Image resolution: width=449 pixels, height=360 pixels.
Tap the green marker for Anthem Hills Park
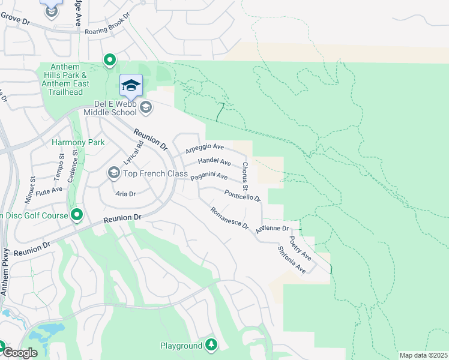click(x=110, y=59)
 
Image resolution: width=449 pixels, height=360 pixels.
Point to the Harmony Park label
click(x=78, y=142)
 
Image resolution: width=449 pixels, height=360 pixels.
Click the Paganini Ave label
click(x=209, y=176)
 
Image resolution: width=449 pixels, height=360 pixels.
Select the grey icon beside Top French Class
click(x=113, y=173)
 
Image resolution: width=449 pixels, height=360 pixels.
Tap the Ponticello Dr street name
click(x=243, y=195)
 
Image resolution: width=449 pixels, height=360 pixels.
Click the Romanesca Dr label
click(x=229, y=218)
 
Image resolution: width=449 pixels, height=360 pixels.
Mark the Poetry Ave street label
click(x=300, y=248)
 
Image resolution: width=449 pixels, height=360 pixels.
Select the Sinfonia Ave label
click(x=292, y=260)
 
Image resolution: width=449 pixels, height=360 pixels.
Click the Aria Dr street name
click(x=126, y=194)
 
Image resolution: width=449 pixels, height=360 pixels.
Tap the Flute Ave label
click(x=49, y=190)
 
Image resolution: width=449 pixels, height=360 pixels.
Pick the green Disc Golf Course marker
click(x=77, y=214)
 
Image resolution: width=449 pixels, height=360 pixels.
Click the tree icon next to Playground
click(x=211, y=344)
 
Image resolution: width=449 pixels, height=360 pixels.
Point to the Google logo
click(x=19, y=353)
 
